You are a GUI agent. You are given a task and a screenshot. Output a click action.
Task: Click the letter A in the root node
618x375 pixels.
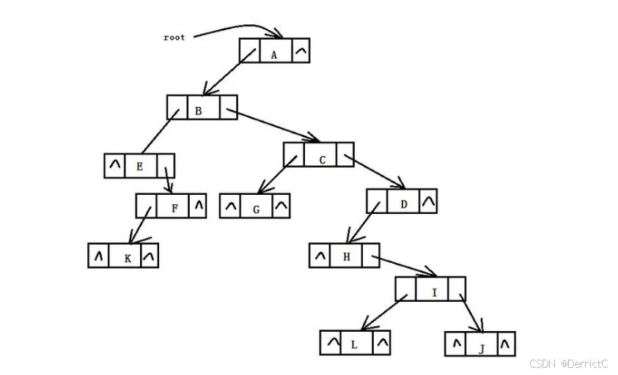(274, 55)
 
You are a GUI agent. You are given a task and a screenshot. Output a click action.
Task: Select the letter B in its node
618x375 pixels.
(198, 111)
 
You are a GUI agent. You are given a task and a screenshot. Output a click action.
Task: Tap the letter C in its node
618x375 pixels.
(323, 160)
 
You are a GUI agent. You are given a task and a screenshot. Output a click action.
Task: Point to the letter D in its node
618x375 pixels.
(404, 204)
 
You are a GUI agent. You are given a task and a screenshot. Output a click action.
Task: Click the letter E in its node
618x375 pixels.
(139, 166)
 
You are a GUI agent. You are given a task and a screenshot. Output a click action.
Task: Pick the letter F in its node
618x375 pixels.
(174, 208)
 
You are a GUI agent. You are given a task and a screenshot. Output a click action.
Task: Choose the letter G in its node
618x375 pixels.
(256, 209)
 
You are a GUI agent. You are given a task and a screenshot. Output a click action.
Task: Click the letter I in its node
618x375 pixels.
(434, 293)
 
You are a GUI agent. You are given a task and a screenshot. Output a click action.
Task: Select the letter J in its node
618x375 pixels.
(481, 349)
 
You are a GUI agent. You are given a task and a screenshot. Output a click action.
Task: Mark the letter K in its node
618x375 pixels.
(128, 259)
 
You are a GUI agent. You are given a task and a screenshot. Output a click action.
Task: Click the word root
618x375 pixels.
(174, 37)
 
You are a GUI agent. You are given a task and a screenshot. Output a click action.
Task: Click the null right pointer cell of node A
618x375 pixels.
(300, 51)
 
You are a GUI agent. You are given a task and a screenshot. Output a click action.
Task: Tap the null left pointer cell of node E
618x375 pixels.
(114, 165)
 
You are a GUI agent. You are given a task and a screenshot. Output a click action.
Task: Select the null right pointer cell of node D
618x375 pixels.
(428, 200)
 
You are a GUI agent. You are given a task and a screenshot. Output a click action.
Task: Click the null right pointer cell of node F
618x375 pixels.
(197, 206)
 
